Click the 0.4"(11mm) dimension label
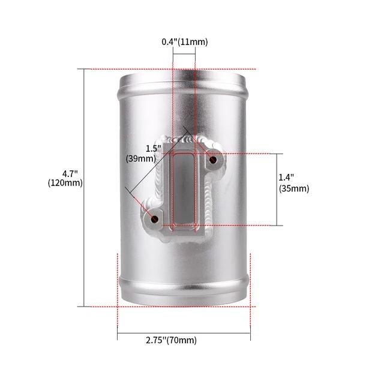pyautogui.click(x=185, y=42)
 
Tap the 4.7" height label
pyautogui.click(x=70, y=174)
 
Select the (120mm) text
pyautogui.click(x=65, y=183)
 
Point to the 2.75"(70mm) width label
pyautogui.click(x=171, y=340)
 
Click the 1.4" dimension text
pyautogui.click(x=286, y=177)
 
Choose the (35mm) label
pyautogui.click(x=294, y=188)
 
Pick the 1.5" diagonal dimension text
pyautogui.click(x=154, y=149)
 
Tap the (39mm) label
pyautogui.click(x=141, y=158)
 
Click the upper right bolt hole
pyautogui.click(x=213, y=160)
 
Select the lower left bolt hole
pyautogui.click(x=155, y=218)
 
